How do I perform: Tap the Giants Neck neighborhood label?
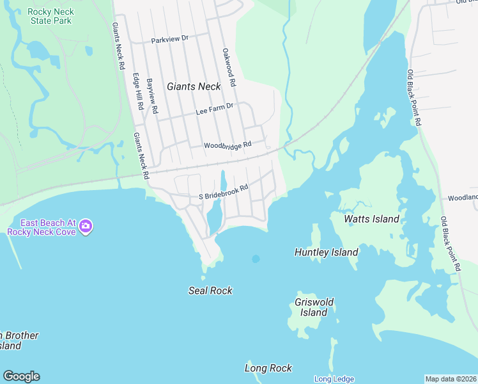(194, 86)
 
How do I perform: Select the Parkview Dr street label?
(170, 40)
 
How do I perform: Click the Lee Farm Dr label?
(214, 110)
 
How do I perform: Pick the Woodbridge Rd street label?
(227, 146)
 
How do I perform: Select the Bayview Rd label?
(152, 95)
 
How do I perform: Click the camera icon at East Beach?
(86, 226)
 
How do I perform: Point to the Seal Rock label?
(210, 291)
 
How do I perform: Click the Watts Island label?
(371, 219)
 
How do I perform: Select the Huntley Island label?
(326, 252)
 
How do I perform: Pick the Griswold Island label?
(314, 307)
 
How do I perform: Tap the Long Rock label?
(268, 368)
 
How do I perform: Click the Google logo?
(21, 376)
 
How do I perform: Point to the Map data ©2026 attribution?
(451, 379)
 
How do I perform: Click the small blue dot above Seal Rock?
(256, 259)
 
